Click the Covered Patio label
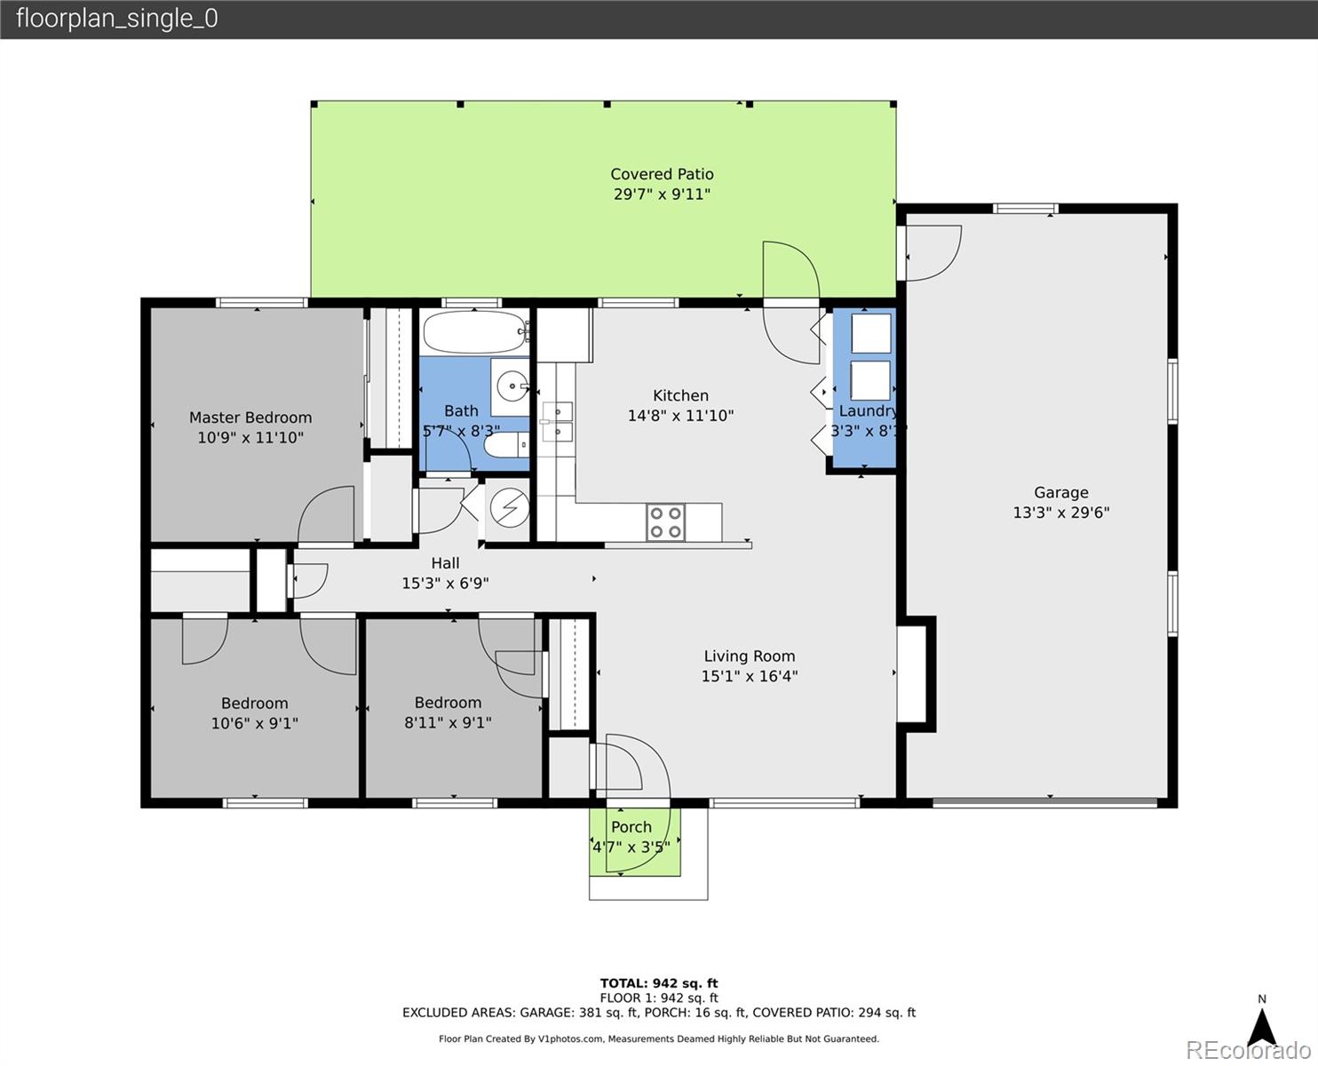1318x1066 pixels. click(x=662, y=174)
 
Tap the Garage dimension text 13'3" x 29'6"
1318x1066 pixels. click(x=1060, y=513)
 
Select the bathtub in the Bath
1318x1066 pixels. click(x=475, y=332)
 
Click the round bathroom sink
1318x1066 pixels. click(x=512, y=386)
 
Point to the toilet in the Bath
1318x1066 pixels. click(x=506, y=444)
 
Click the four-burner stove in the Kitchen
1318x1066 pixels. click(x=665, y=522)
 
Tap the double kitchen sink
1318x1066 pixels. click(x=558, y=421)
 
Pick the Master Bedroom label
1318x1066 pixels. click(x=250, y=418)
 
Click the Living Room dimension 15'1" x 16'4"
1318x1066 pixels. click(x=750, y=676)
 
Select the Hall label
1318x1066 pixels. click(x=445, y=563)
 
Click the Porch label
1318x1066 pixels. click(x=631, y=826)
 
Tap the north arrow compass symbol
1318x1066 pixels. click(x=1262, y=1027)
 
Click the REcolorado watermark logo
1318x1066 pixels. click(x=1248, y=1050)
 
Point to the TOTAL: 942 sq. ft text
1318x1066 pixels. click(x=659, y=983)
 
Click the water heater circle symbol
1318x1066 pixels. click(x=509, y=508)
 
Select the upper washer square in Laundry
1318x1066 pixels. click(x=871, y=334)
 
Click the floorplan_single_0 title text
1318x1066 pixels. click(x=117, y=19)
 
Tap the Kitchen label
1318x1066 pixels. click(x=680, y=395)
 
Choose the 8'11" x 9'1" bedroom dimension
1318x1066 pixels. click(x=448, y=722)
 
